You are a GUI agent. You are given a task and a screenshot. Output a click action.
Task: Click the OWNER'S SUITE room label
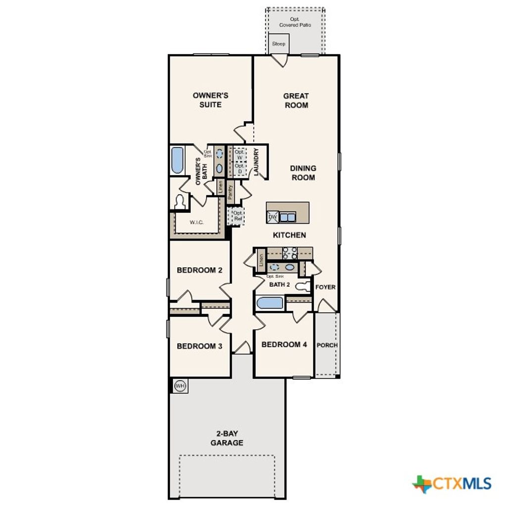tap(210, 100)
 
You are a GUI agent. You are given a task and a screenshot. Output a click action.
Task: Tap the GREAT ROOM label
tap(296, 101)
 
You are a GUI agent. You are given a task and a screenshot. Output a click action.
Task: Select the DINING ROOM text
tap(303, 173)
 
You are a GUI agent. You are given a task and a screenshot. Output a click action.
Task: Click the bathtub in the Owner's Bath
tap(177, 160)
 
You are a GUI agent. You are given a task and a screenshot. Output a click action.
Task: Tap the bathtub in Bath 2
tap(269, 303)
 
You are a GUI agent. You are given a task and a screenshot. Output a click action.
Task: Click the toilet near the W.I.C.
tap(180, 202)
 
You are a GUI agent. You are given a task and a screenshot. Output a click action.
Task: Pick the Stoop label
tap(279, 44)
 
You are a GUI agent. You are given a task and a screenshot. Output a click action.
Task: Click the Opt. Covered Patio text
tap(295, 22)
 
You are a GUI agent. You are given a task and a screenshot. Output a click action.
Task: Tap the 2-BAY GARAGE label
tap(227, 438)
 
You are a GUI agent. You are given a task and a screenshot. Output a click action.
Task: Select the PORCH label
tap(327, 345)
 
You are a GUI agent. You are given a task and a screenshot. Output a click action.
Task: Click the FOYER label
tap(325, 287)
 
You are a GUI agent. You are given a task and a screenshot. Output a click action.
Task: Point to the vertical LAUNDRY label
tap(256, 161)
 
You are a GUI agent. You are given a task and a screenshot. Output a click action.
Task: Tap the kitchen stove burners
tap(290, 253)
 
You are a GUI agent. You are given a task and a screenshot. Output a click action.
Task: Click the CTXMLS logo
tap(452, 484)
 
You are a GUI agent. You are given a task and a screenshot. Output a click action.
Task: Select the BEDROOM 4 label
tap(281, 345)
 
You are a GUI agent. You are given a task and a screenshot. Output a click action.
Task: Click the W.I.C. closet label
tap(197, 222)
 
